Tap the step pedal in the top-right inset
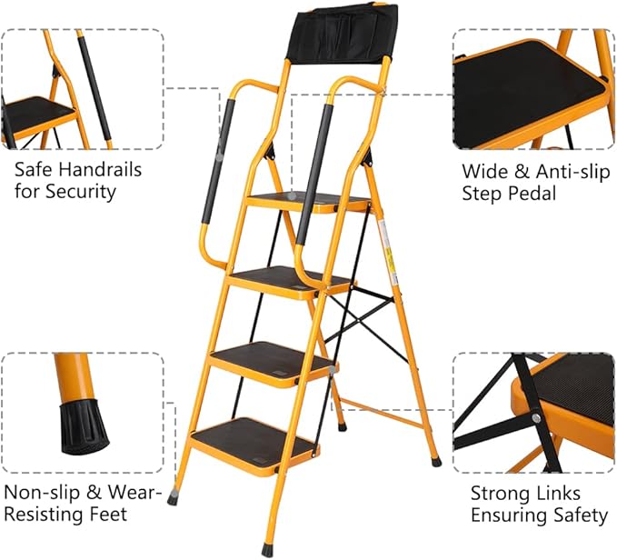tap(527, 91)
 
